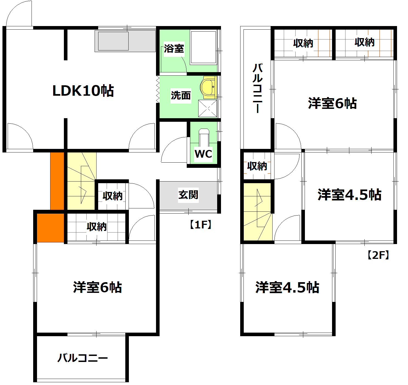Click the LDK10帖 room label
[x=83, y=91]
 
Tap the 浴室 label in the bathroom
[x=174, y=49]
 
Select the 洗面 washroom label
[x=181, y=95]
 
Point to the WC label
[x=203, y=154]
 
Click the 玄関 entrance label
[x=188, y=195]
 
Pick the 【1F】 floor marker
[x=200, y=225]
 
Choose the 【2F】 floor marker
[x=378, y=255]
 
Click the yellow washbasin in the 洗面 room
[x=208, y=87]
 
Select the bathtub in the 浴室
[x=203, y=47]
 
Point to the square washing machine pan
[x=207, y=108]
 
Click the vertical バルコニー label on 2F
[x=257, y=88]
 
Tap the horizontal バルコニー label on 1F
[x=83, y=358]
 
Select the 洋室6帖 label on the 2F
[x=332, y=103]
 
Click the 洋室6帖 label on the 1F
[x=97, y=287]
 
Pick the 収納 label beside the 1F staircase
[x=112, y=196]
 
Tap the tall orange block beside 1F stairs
[x=57, y=181]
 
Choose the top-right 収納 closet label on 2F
[x=364, y=42]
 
